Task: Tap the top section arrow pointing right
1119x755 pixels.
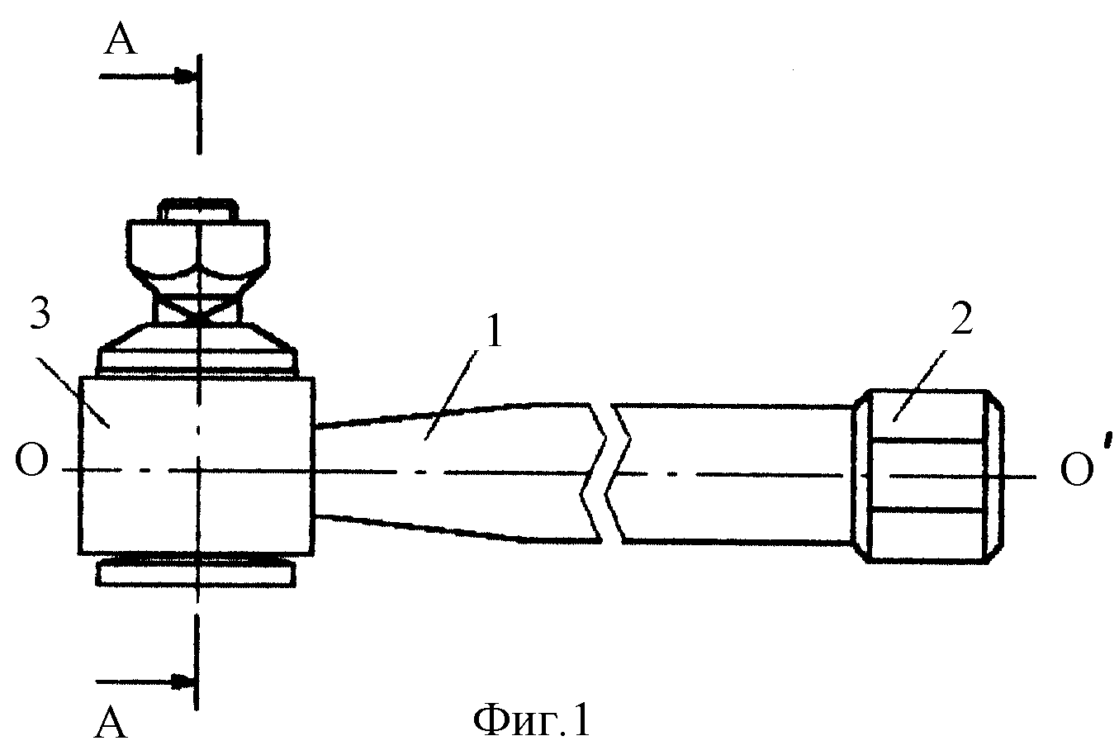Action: (146, 77)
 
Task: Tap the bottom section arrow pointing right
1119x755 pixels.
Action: (145, 681)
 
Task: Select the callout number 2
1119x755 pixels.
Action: (961, 319)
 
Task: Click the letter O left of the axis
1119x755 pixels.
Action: (31, 460)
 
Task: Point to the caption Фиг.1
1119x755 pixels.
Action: (531, 721)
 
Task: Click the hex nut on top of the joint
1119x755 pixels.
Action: (198, 249)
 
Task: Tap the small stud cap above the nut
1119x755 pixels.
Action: (198, 209)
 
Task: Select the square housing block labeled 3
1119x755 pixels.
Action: (197, 466)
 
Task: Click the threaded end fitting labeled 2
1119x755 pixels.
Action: (928, 476)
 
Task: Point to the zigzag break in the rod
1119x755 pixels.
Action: (606, 472)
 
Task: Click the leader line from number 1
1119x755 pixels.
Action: (451, 395)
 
